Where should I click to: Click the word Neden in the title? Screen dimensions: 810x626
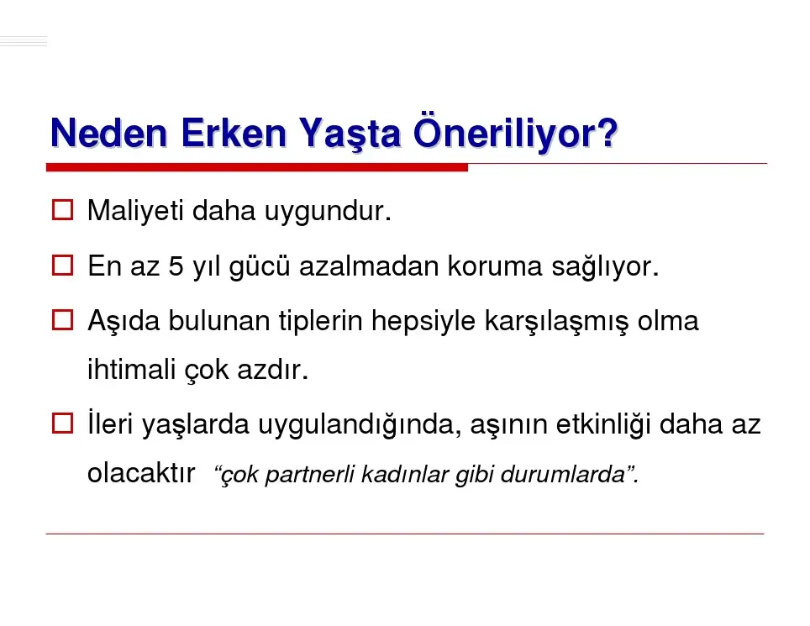tap(108, 134)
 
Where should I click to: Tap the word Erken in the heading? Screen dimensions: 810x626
tap(234, 134)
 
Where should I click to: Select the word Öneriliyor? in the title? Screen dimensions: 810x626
tap(516, 132)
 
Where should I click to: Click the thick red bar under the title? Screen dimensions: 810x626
tap(257, 167)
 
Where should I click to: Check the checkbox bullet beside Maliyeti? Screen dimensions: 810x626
tap(62, 210)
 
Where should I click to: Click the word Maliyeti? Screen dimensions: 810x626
tap(135, 211)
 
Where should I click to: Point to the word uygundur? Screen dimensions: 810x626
tap(328, 212)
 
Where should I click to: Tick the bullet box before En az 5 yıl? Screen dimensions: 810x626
tap(62, 266)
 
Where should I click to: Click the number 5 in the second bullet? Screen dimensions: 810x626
tap(176, 266)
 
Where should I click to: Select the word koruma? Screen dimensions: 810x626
tap(495, 266)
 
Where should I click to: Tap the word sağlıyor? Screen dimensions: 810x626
tap(606, 267)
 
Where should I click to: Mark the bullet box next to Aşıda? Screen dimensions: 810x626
tap(62, 320)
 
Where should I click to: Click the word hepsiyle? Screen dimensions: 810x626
tap(423, 322)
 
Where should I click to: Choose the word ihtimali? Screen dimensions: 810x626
tap(131, 370)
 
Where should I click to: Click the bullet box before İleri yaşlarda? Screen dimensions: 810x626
tap(62, 423)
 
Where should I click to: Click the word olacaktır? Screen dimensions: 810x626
tap(141, 473)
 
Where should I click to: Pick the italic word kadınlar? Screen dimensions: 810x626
tap(404, 475)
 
